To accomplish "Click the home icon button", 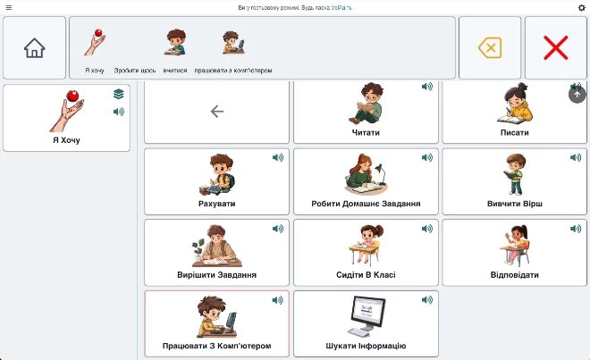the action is [x=34, y=47].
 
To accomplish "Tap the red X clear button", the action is [x=555, y=47].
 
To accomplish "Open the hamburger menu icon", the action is [x=9, y=7].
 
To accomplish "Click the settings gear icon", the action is [x=581, y=7].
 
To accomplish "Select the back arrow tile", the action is [x=216, y=112].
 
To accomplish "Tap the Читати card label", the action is [x=366, y=132].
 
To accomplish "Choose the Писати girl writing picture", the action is [x=515, y=104].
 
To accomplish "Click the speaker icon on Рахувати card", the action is [x=278, y=157].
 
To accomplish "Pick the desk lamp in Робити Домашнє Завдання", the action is [x=381, y=173].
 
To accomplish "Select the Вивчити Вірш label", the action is [x=515, y=204].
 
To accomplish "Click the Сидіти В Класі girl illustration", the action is [x=365, y=245].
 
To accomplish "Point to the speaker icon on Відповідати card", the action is [x=576, y=229].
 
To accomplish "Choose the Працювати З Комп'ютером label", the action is [x=216, y=346].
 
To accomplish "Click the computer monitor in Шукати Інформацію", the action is [x=368, y=312].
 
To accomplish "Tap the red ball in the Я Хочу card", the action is [x=72, y=96].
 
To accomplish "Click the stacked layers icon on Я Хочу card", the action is [x=119, y=94].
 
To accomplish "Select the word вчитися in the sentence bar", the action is [x=175, y=71].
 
